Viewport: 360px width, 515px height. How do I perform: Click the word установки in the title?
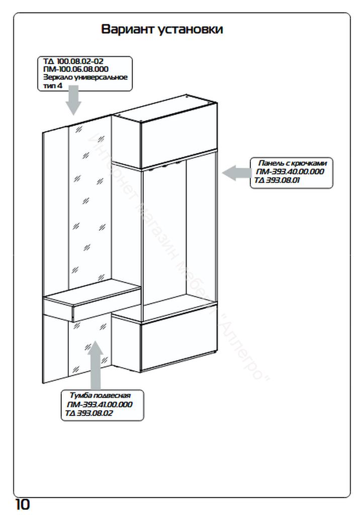191,29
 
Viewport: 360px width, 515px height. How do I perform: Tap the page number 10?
22,504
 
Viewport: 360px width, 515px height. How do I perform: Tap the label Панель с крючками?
292,163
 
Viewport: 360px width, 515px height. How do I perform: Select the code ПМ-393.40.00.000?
290,171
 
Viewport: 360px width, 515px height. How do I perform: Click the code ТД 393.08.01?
275,180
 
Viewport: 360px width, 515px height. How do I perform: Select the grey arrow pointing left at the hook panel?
236,173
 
